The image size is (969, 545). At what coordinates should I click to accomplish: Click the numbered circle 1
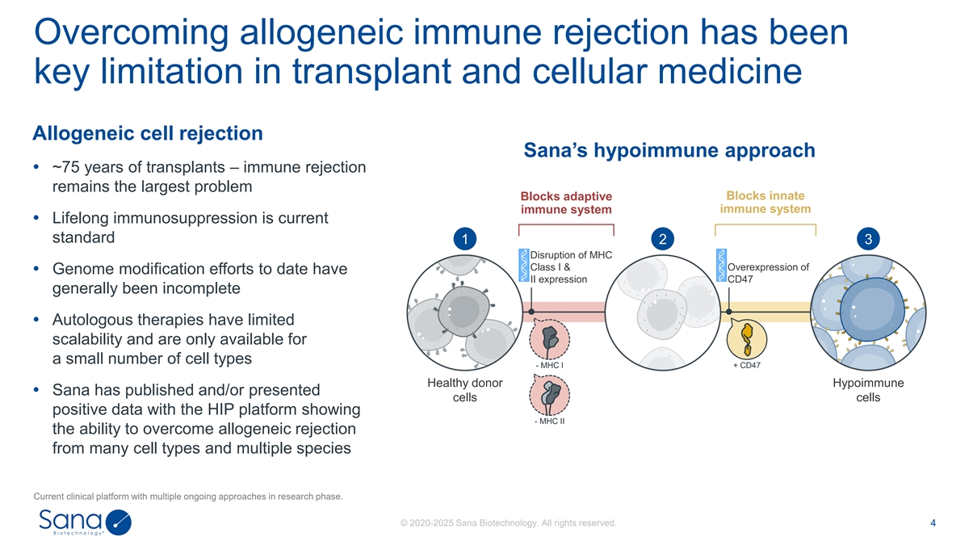(464, 239)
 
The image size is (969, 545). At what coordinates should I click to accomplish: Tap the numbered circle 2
(662, 239)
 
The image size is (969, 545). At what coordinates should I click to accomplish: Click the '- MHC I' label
(549, 365)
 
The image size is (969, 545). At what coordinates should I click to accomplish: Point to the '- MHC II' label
(549, 420)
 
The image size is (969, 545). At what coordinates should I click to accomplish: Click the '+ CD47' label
(746, 365)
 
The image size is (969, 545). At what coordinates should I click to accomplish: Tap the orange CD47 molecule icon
(748, 339)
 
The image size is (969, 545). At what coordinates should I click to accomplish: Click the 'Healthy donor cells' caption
(464, 390)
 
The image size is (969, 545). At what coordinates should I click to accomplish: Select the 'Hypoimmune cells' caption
(868, 390)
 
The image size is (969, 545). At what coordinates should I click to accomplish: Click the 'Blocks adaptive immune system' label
(566, 203)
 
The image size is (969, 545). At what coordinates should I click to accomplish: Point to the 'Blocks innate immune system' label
(765, 202)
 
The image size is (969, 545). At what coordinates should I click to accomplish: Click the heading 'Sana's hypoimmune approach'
(669, 151)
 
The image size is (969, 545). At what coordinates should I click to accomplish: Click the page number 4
(933, 523)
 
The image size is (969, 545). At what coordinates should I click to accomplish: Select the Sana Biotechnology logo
(85, 522)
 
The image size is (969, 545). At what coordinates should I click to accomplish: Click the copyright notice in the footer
(508, 523)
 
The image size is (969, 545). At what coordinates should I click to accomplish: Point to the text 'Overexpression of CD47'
(767, 274)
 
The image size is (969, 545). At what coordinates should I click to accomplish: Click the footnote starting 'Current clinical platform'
(187, 496)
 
